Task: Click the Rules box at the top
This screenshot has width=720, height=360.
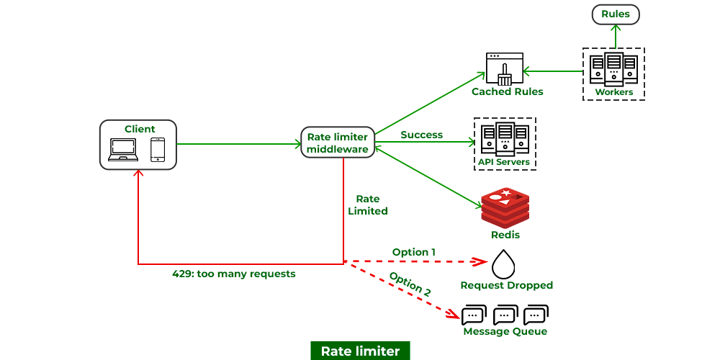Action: tap(616, 14)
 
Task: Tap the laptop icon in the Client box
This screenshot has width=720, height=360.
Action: tap(122, 149)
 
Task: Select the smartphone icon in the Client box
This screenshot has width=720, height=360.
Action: tap(158, 149)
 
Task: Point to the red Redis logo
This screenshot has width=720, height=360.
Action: tap(505, 207)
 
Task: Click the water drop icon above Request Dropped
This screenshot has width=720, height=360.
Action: tap(503, 264)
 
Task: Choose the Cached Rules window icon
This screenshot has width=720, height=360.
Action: tap(504, 68)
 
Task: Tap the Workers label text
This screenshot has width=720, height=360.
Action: tap(614, 92)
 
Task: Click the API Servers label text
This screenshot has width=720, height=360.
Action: tap(504, 162)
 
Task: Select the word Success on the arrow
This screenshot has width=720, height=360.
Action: tap(421, 135)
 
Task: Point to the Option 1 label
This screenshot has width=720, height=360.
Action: tap(414, 252)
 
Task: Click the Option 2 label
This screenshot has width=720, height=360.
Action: tap(410, 284)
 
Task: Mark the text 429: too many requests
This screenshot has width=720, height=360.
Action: tap(234, 274)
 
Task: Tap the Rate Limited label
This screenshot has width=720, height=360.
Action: tap(368, 205)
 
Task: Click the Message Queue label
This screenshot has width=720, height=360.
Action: tap(505, 332)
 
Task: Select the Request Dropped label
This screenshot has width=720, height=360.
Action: tap(507, 285)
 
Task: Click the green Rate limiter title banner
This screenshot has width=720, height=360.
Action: tap(360, 351)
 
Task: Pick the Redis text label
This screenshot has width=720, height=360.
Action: tap(505, 235)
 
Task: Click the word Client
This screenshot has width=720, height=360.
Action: tap(140, 129)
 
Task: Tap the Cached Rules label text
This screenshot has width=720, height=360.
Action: tap(508, 92)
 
